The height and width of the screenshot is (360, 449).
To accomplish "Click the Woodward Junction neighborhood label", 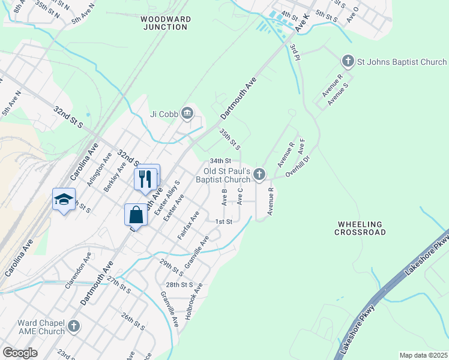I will [166, 23].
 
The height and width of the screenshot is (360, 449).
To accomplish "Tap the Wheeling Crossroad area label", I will [360, 228].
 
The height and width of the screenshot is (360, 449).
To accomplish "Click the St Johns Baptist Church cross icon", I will [348, 61].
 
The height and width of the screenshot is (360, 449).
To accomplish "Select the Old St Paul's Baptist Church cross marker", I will [259, 175].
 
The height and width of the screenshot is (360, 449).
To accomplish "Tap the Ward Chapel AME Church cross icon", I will [73, 326].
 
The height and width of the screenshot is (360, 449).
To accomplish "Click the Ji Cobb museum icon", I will [187, 113].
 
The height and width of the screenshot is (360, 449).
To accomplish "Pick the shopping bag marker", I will [136, 215].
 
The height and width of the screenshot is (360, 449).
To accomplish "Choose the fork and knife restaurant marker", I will [145, 178].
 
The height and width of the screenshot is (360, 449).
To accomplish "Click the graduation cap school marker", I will [63, 200].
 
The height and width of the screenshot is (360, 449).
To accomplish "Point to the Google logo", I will [20, 353].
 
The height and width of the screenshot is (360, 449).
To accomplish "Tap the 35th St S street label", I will [230, 139].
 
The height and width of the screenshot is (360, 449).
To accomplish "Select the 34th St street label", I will [220, 161].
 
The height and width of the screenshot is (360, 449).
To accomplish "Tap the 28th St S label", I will [179, 284].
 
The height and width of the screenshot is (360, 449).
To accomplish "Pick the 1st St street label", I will [223, 221].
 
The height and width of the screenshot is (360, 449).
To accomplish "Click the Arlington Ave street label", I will [100, 169].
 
